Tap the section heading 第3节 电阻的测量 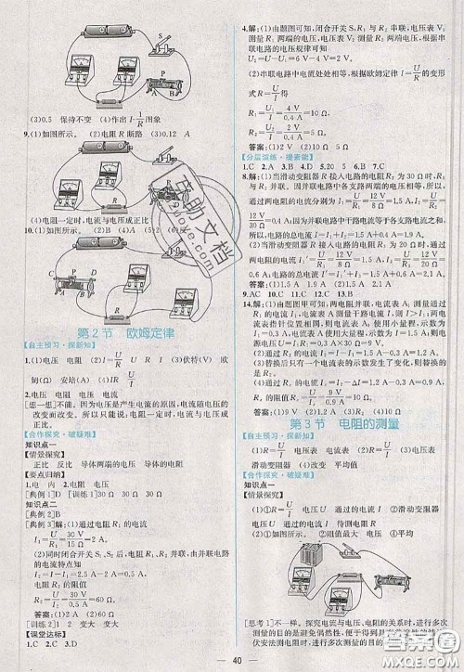[x=347, y=424]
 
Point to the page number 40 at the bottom [x=233, y=660]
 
